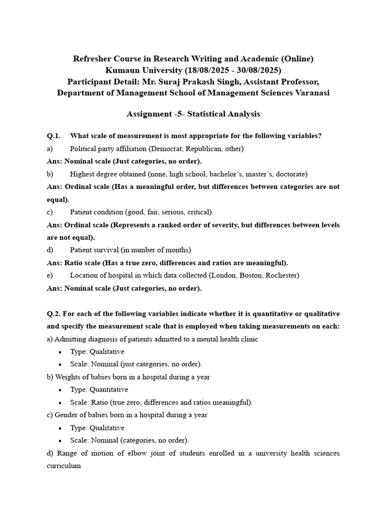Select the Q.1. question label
(53, 136)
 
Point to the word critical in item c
(199, 212)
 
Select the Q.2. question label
(53, 313)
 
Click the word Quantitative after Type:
(109, 390)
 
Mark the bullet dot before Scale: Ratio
(60, 403)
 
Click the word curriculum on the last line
(63, 466)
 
